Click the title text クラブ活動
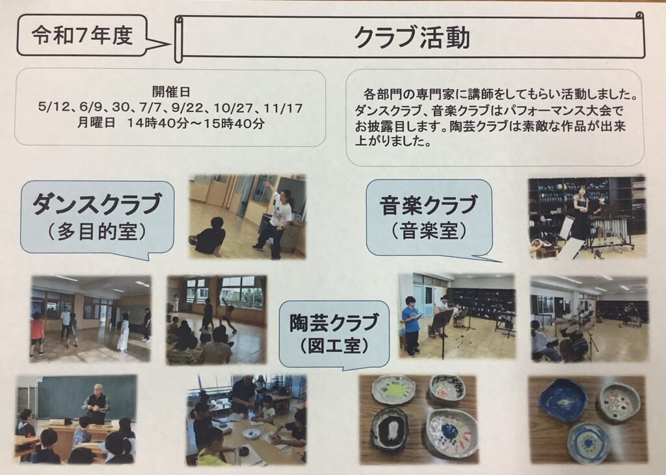click(412, 37)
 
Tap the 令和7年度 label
click(83, 35)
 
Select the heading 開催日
click(171, 91)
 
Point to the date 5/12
click(53, 107)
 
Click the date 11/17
click(283, 108)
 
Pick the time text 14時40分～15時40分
click(195, 123)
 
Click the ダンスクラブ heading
click(98, 204)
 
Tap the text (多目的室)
click(98, 232)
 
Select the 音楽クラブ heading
click(429, 206)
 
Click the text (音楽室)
click(429, 231)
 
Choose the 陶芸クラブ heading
click(334, 323)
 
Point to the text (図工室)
click(334, 346)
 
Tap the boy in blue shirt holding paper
click(411, 326)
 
